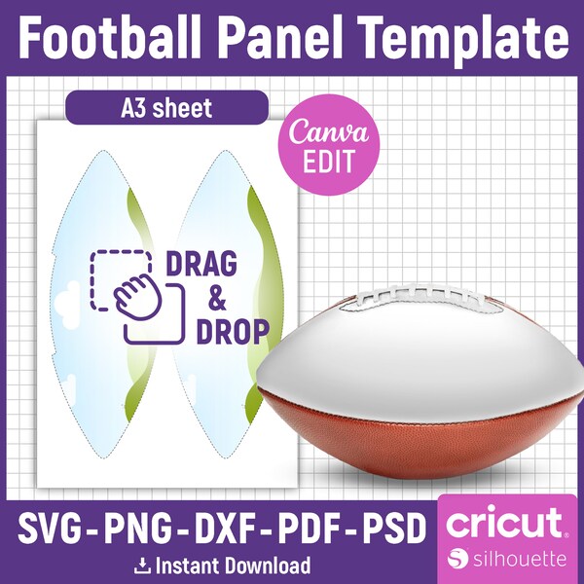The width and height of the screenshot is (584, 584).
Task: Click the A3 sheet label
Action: click(x=165, y=108)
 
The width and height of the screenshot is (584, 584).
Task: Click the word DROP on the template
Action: click(x=231, y=332)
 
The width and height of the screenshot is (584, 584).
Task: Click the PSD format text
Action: click(x=393, y=530)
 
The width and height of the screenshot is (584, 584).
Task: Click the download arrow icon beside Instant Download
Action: click(x=143, y=566)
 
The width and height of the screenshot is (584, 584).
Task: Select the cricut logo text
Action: click(x=503, y=524)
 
